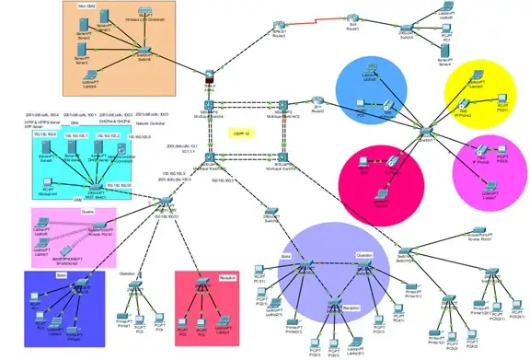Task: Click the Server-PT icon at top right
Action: pos(446,54)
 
